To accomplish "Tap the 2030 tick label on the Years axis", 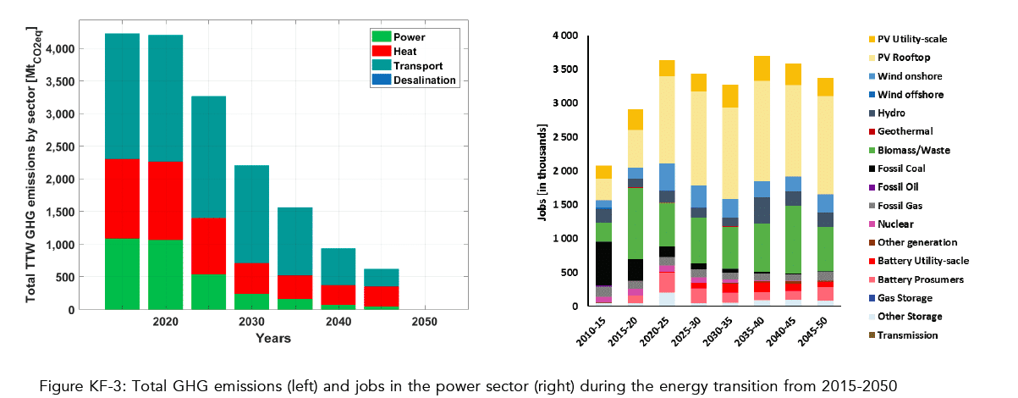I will (252, 323).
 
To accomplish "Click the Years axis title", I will (273, 339).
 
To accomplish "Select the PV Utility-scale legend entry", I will (923, 39).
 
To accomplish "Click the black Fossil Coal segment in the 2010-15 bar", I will (603, 263).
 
